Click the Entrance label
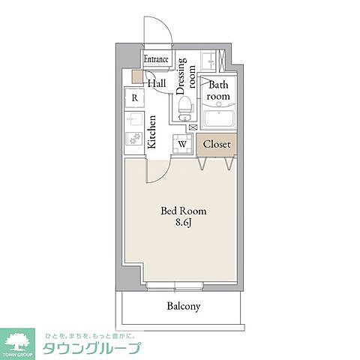click(155, 59)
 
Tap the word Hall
click(157, 84)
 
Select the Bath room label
click(218, 91)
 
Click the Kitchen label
click(153, 130)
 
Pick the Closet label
click(217, 144)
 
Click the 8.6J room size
click(184, 223)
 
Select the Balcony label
click(183, 306)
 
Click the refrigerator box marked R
click(134, 97)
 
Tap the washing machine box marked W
click(182, 142)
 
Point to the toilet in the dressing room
click(185, 111)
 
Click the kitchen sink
click(134, 119)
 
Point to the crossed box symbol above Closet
click(193, 128)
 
